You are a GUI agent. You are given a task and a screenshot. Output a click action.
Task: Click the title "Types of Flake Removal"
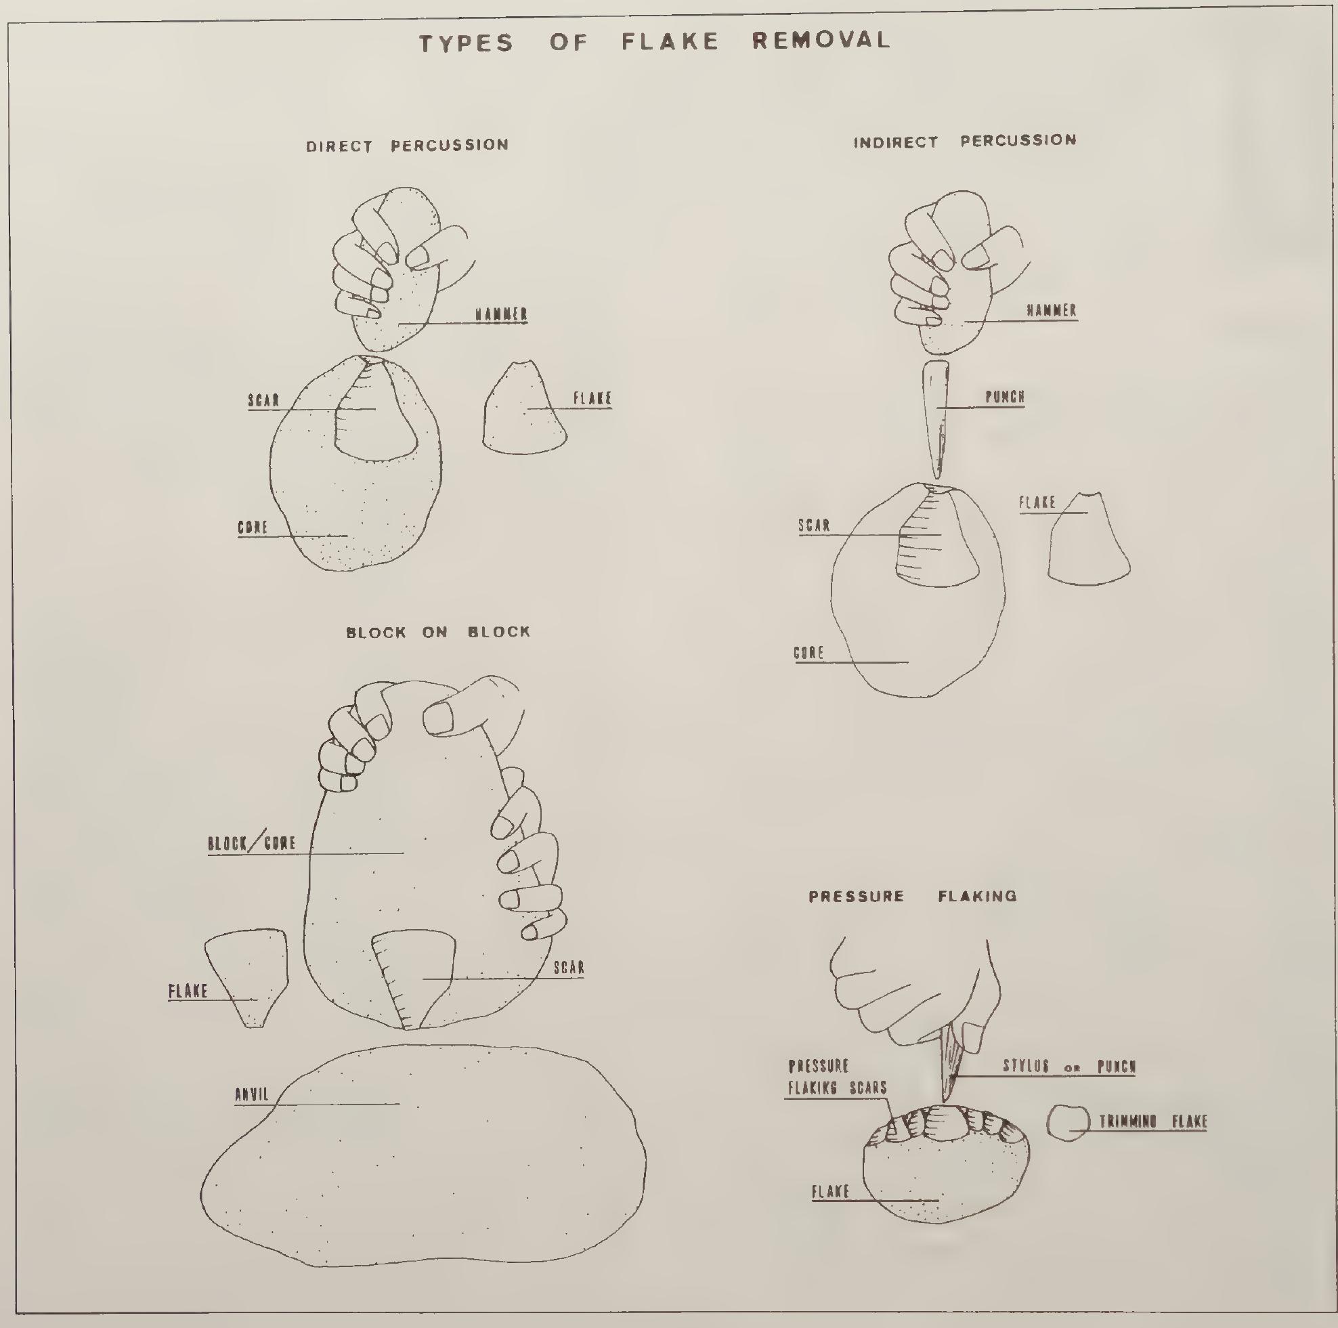(x=655, y=41)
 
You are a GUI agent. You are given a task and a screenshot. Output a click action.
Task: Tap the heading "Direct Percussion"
(x=407, y=146)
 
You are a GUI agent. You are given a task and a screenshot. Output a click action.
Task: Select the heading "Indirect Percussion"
(x=965, y=142)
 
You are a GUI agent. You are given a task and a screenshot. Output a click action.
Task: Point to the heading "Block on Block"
(x=437, y=632)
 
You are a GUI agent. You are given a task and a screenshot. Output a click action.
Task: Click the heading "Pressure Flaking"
(x=912, y=897)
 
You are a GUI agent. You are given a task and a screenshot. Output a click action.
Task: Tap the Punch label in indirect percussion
(x=1004, y=397)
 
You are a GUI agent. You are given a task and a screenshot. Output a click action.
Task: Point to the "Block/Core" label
(x=251, y=843)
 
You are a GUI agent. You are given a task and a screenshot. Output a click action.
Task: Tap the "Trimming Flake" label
(x=1153, y=1121)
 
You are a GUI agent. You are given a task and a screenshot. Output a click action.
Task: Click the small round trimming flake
(x=1068, y=1123)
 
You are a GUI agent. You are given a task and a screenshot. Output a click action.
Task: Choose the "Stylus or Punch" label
(x=1069, y=1066)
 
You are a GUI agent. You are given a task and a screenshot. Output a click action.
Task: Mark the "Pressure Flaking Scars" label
(x=837, y=1077)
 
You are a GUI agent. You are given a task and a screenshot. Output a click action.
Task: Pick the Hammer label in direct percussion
(x=501, y=314)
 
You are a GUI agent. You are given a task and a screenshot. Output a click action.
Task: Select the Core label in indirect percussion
(x=808, y=653)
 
